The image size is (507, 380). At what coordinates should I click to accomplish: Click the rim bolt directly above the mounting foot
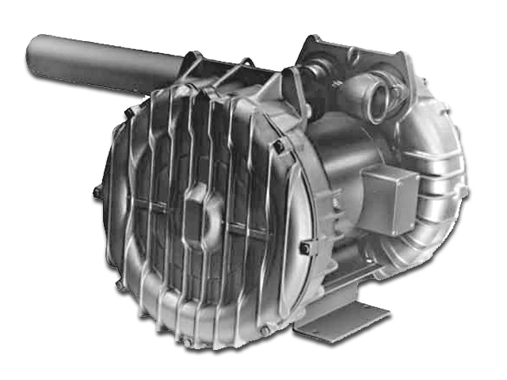coord(304,249)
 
